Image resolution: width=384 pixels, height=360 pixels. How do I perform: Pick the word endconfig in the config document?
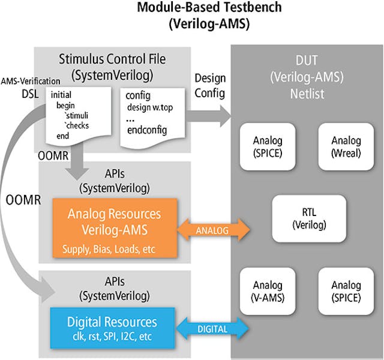click(x=146, y=130)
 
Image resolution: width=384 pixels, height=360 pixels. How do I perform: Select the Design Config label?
click(x=210, y=85)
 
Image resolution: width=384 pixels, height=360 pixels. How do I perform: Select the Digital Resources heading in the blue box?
click(x=113, y=322)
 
